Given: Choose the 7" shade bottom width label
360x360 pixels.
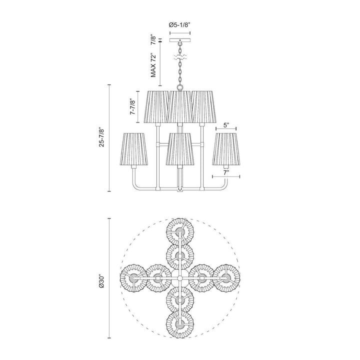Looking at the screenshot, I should [226, 172].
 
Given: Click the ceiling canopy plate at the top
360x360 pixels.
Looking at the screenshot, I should [179, 40].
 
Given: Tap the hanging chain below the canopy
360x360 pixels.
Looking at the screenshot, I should [179, 70].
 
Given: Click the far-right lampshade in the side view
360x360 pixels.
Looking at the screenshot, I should [226, 148].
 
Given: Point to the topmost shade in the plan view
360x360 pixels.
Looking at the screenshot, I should [179, 230].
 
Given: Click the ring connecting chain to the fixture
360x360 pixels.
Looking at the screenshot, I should [179, 89].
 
